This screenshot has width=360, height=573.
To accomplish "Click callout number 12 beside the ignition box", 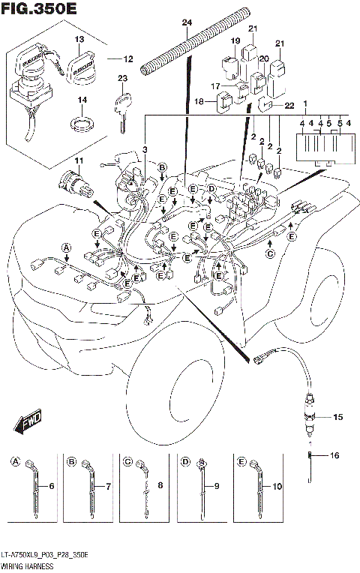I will pyautogui.click(x=127, y=58).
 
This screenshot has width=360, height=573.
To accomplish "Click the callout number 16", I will pyautogui.click(x=334, y=454).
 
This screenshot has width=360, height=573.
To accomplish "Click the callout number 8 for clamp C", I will pyautogui.click(x=161, y=487).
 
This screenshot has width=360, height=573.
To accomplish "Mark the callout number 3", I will pyautogui.click(x=145, y=151).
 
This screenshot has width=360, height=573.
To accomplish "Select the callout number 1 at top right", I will pyautogui.click(x=305, y=103).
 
